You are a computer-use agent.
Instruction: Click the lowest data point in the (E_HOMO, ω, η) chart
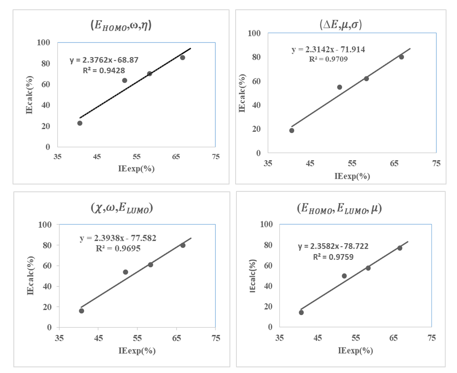[80, 123]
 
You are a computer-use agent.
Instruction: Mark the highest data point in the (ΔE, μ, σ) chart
[401, 57]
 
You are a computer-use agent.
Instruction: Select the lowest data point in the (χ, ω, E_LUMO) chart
[81, 311]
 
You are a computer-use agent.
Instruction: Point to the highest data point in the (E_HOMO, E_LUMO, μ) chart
[400, 248]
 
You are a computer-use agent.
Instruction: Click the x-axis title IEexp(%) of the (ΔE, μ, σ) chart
[352, 176]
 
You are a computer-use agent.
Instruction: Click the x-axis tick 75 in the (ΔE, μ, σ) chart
[436, 164]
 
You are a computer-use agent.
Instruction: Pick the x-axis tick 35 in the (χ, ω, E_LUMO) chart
[60, 338]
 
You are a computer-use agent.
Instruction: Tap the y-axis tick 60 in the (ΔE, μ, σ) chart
[255, 81]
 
